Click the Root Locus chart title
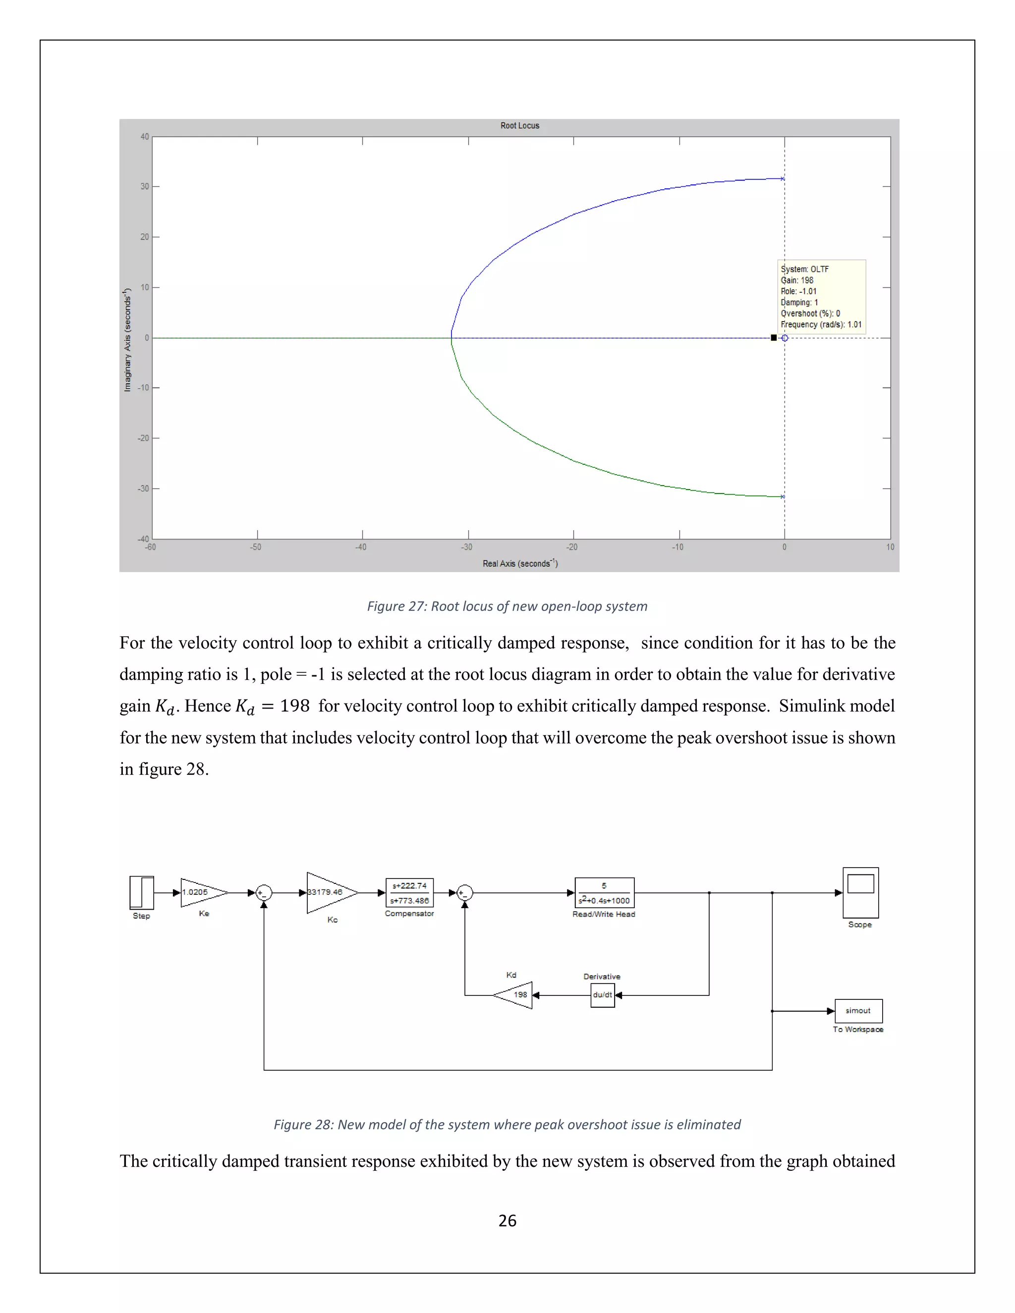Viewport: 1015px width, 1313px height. coord(519,126)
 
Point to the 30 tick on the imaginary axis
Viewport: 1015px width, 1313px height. coord(145,186)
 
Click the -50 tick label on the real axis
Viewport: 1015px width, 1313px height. coord(256,547)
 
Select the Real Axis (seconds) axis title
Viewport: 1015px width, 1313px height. coord(519,563)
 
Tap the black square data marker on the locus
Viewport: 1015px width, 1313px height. coord(773,338)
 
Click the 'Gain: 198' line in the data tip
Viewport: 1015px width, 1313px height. coord(797,280)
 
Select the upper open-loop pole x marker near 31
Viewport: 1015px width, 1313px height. coord(782,178)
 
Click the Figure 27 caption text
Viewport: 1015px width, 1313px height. coord(507,606)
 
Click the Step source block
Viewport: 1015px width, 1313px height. coord(142,892)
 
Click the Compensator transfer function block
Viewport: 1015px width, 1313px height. coord(409,893)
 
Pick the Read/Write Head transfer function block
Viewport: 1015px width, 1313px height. coord(604,893)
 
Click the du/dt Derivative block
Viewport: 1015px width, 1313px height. coord(603,995)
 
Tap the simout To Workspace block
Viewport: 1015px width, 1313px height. coord(858,1011)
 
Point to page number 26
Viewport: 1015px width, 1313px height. coord(507,1220)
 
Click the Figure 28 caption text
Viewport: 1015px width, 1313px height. coord(507,1124)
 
